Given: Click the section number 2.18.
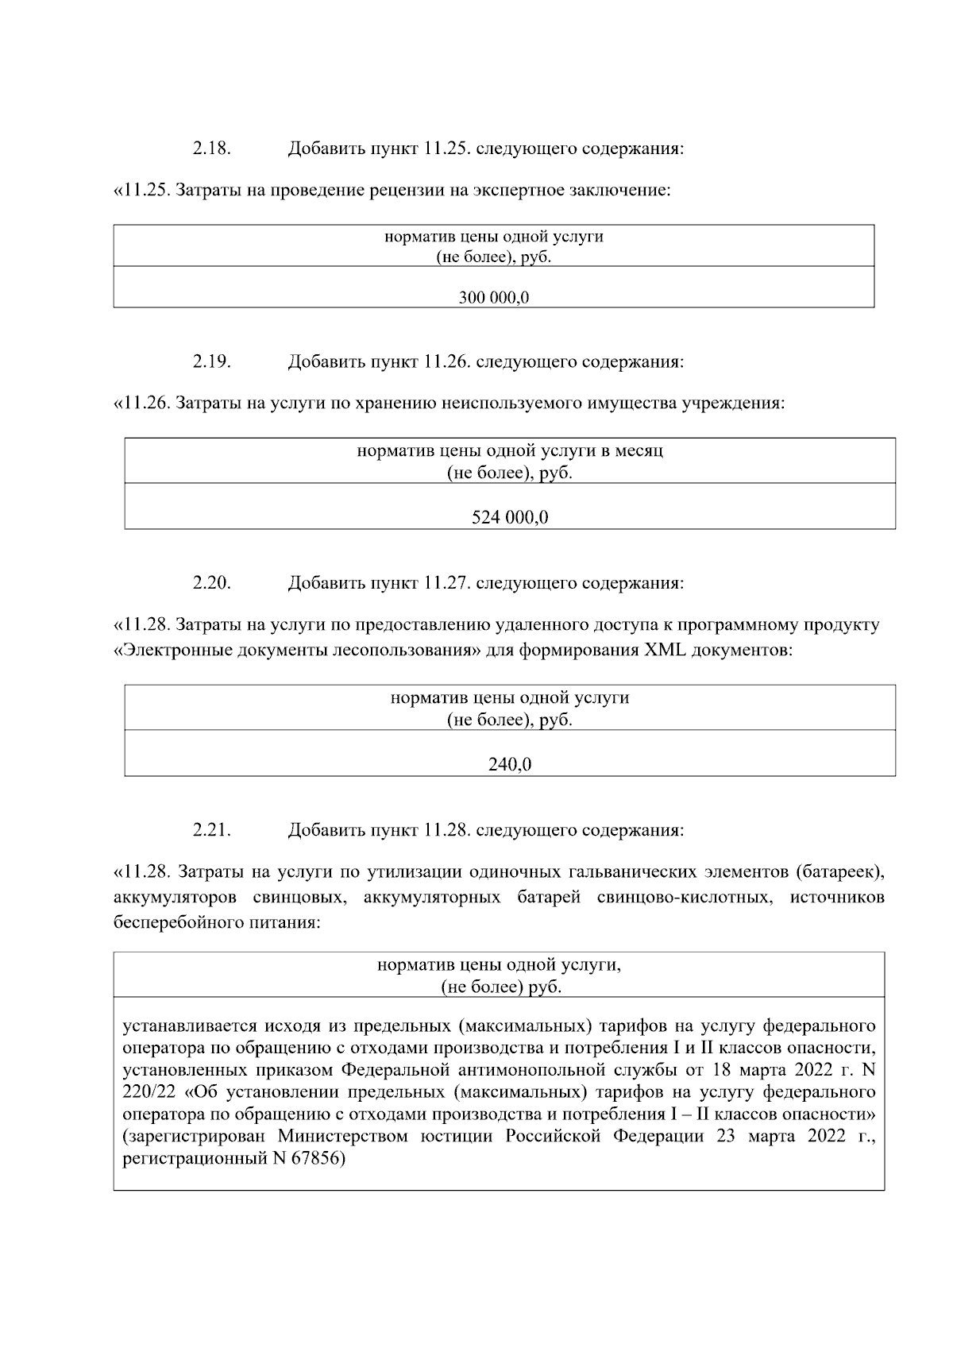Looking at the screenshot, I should click(x=211, y=149).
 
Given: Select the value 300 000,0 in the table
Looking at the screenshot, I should click(x=494, y=298).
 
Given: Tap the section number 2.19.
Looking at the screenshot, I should click(x=211, y=362).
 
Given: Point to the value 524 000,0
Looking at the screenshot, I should click(x=510, y=518).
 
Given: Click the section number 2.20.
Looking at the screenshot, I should click(x=211, y=583).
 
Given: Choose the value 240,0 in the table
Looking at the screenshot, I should click(x=510, y=765).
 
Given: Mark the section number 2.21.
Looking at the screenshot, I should click(x=211, y=831).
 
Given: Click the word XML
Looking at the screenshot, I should click(x=665, y=650).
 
